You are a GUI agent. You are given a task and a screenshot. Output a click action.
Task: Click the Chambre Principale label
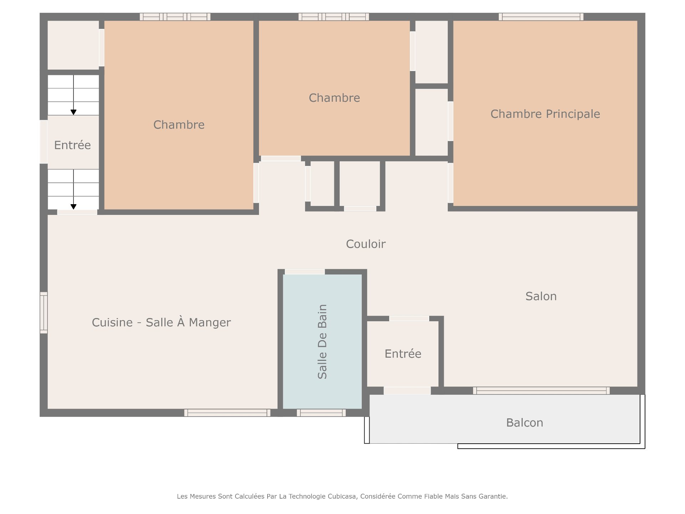click(x=545, y=114)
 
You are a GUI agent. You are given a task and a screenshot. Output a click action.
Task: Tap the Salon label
click(x=541, y=296)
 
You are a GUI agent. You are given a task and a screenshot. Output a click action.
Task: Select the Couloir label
click(x=366, y=244)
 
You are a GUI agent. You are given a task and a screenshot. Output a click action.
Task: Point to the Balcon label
click(x=524, y=423)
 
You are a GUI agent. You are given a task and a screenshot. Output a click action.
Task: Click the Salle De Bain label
click(x=322, y=342)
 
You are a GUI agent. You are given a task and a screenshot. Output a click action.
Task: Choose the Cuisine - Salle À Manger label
click(x=161, y=322)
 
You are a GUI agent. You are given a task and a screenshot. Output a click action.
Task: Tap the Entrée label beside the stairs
click(x=72, y=145)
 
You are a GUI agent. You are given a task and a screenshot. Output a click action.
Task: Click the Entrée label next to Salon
click(x=403, y=353)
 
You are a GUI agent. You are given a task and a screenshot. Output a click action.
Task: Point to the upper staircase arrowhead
click(x=73, y=112)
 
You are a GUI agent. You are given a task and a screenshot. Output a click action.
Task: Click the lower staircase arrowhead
click(x=73, y=207)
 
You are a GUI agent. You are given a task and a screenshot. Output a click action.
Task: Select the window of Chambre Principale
click(x=541, y=17)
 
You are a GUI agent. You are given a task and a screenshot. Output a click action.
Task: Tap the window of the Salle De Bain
click(x=321, y=413)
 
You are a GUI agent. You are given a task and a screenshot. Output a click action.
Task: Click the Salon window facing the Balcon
click(x=541, y=390)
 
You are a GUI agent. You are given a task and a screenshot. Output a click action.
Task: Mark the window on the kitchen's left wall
click(x=44, y=313)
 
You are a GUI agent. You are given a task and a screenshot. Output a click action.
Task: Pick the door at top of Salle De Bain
click(x=305, y=272)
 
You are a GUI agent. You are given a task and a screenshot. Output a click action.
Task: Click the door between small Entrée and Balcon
click(x=407, y=391)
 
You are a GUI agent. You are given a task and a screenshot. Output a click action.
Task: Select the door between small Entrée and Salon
click(x=409, y=318)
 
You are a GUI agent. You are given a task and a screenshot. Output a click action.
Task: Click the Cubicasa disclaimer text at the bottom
click(x=342, y=496)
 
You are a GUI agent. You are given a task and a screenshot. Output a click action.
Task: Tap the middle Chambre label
click(x=334, y=98)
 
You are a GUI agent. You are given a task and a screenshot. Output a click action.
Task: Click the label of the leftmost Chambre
click(x=179, y=125)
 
